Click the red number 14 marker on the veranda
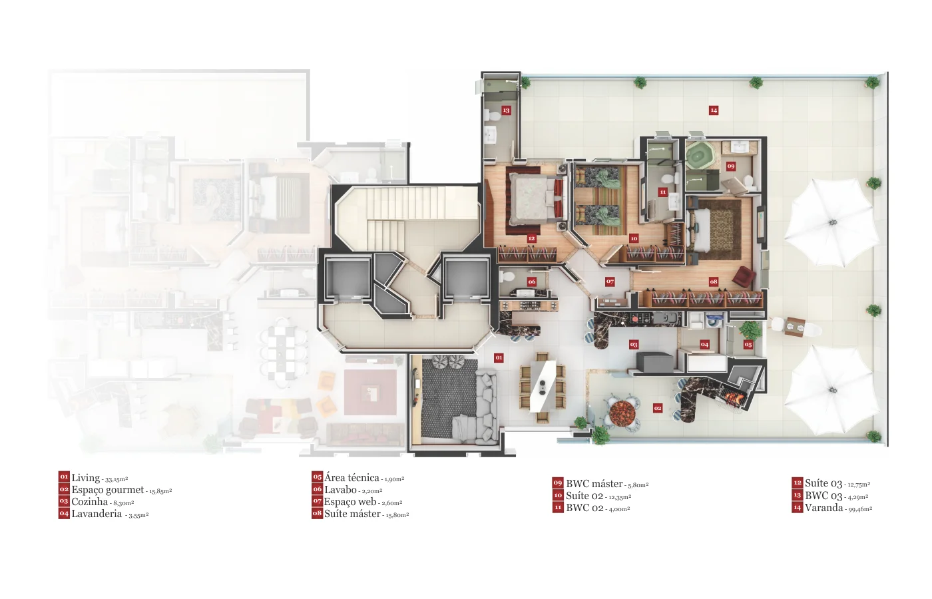[714, 110]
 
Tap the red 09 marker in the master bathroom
[731, 166]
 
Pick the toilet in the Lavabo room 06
[507, 276]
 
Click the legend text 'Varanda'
[824, 507]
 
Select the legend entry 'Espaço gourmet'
[108, 490]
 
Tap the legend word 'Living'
[86, 478]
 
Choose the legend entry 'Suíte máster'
[352, 514]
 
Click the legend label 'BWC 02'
[584, 507]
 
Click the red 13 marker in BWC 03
[506, 110]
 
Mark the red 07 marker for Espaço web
[610, 282]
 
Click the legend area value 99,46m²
[860, 508]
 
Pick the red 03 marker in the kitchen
[633, 345]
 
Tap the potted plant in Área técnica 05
[750, 330]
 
